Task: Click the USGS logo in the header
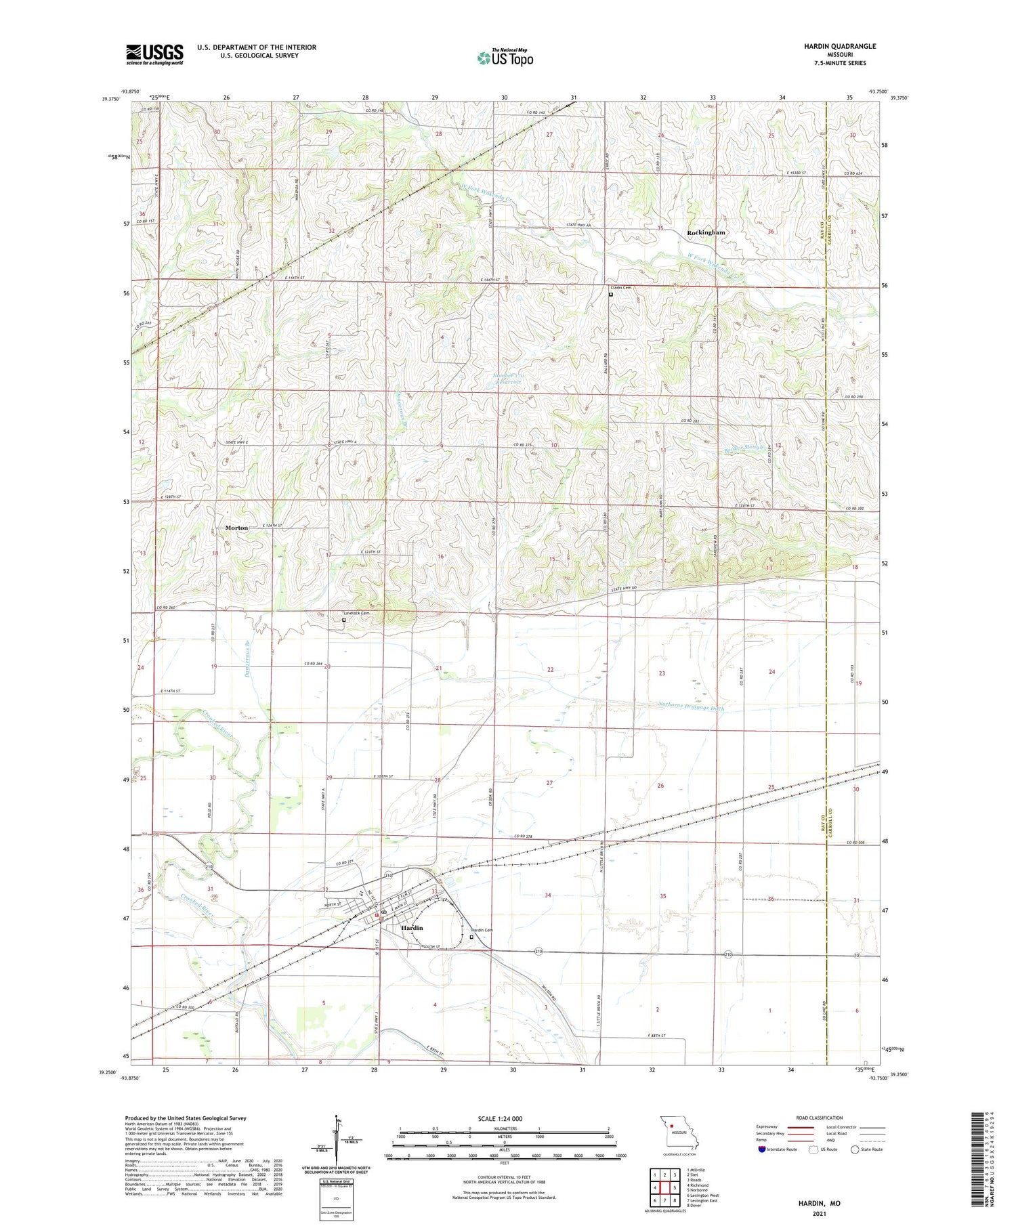point(154,54)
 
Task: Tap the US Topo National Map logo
point(505,58)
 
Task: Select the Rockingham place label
point(706,232)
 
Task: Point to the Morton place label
point(236,528)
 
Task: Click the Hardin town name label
point(412,928)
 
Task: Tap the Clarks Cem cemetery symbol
point(610,295)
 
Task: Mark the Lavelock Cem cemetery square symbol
point(344,620)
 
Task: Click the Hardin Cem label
point(482,930)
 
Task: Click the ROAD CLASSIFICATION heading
point(820,1118)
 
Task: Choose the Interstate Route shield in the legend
point(761,1149)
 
